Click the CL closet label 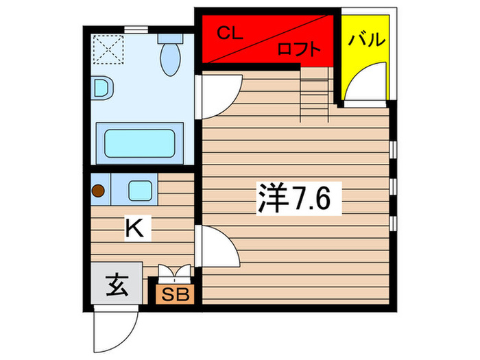pyautogui.click(x=230, y=32)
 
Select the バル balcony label pyautogui.click(x=365, y=40)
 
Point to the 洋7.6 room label pyautogui.click(x=295, y=199)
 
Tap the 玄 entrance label pyautogui.click(x=117, y=283)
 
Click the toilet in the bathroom pyautogui.click(x=169, y=55)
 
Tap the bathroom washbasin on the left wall pyautogui.click(x=103, y=88)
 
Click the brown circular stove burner pyautogui.click(x=99, y=191)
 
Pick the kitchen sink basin pyautogui.click(x=141, y=190)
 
